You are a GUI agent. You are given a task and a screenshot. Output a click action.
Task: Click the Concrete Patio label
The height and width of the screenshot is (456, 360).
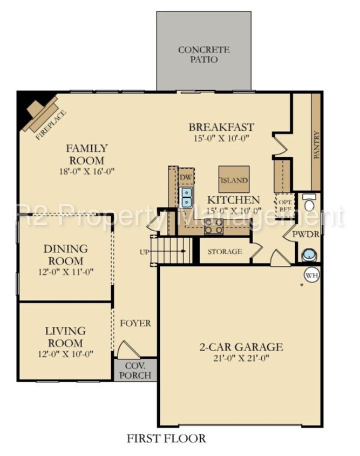204,54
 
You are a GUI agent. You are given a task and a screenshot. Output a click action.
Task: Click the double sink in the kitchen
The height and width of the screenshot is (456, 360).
187,197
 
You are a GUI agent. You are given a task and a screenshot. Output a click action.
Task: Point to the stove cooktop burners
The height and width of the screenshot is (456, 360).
214,226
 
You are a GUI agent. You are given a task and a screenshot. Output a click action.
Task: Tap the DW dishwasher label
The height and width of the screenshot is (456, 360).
186,177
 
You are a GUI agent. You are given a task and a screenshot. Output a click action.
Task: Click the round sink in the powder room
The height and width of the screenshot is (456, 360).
309,253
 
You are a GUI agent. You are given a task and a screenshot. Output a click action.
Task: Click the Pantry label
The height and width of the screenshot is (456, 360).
316,145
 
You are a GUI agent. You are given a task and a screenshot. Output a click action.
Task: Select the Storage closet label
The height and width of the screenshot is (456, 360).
224,252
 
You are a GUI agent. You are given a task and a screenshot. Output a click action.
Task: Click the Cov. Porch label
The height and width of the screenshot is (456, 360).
135,370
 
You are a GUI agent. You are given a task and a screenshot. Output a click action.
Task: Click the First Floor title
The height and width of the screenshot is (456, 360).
166,438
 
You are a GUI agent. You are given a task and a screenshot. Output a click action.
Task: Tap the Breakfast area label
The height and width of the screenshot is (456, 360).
221,127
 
